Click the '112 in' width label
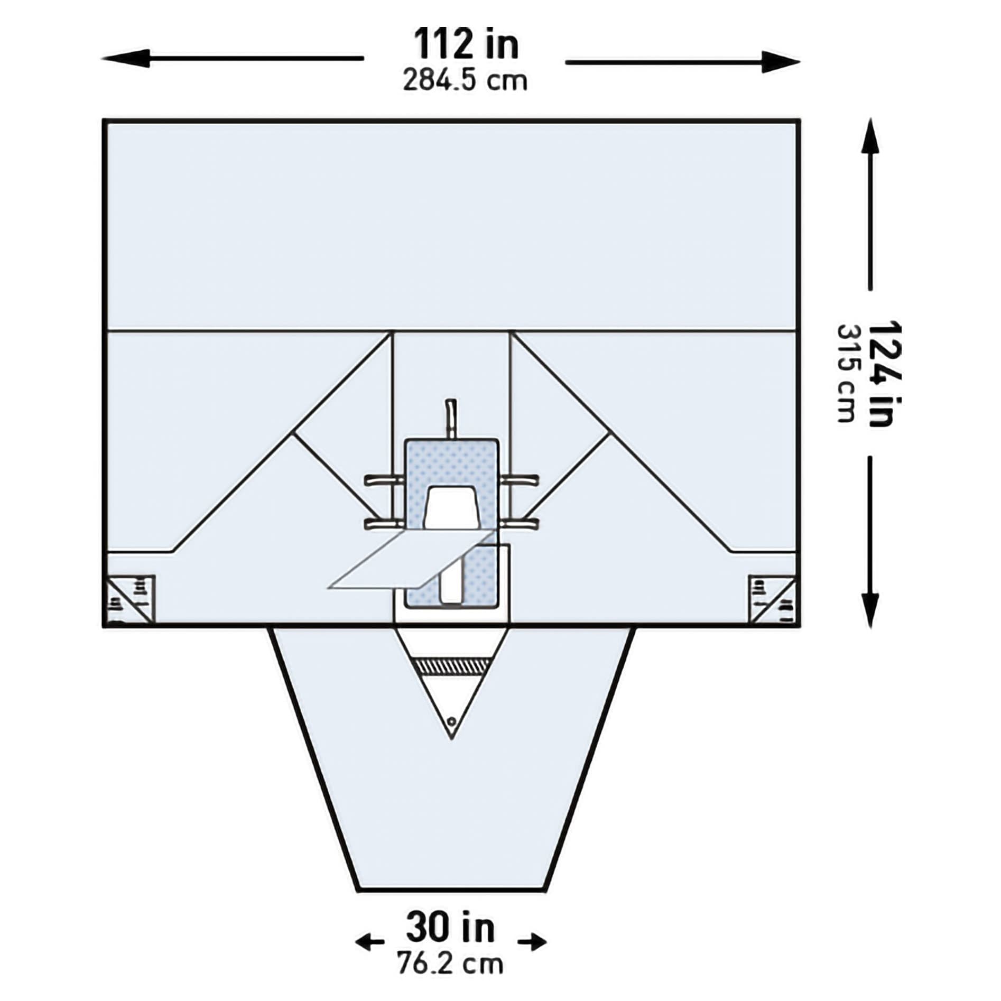click(x=466, y=44)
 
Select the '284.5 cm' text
click(x=465, y=81)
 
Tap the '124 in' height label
click(x=883, y=373)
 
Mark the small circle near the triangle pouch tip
click(x=451, y=721)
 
